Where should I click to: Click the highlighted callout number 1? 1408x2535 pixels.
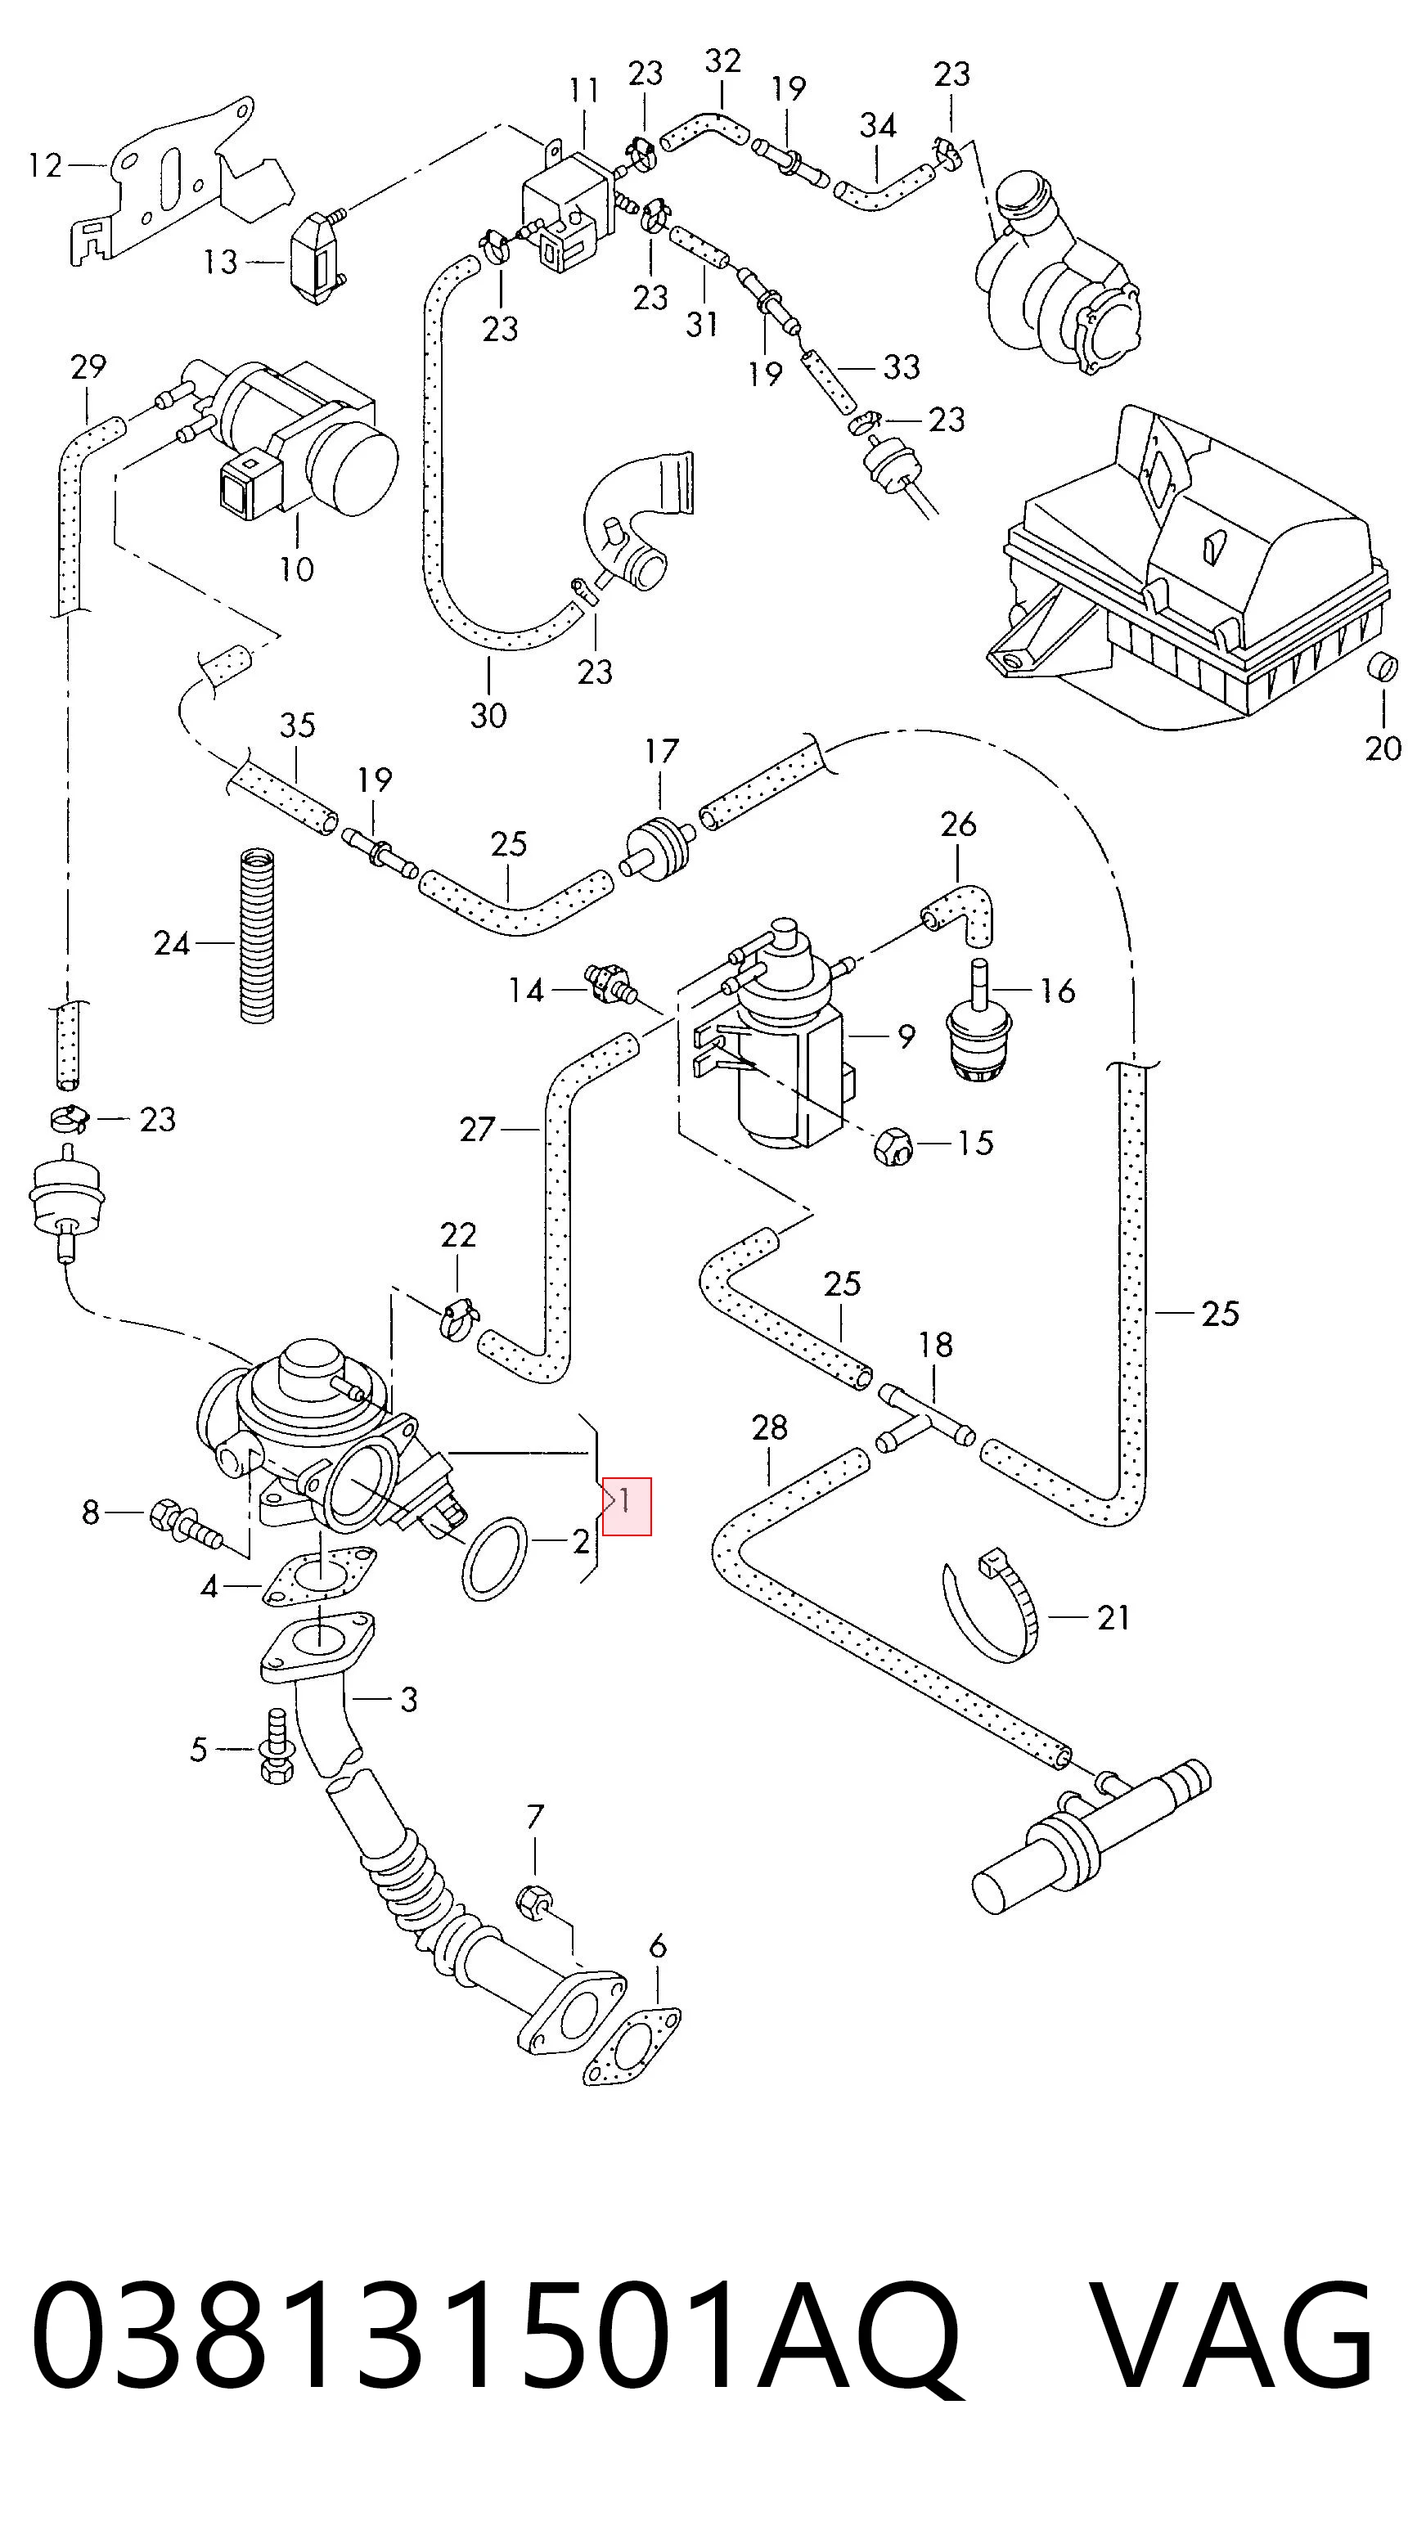[x=626, y=1503]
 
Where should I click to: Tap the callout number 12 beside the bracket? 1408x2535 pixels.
[x=45, y=165]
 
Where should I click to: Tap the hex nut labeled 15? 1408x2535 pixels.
[x=893, y=1145]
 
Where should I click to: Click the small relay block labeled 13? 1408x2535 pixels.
[x=317, y=258]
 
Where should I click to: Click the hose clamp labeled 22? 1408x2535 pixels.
[x=460, y=1319]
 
